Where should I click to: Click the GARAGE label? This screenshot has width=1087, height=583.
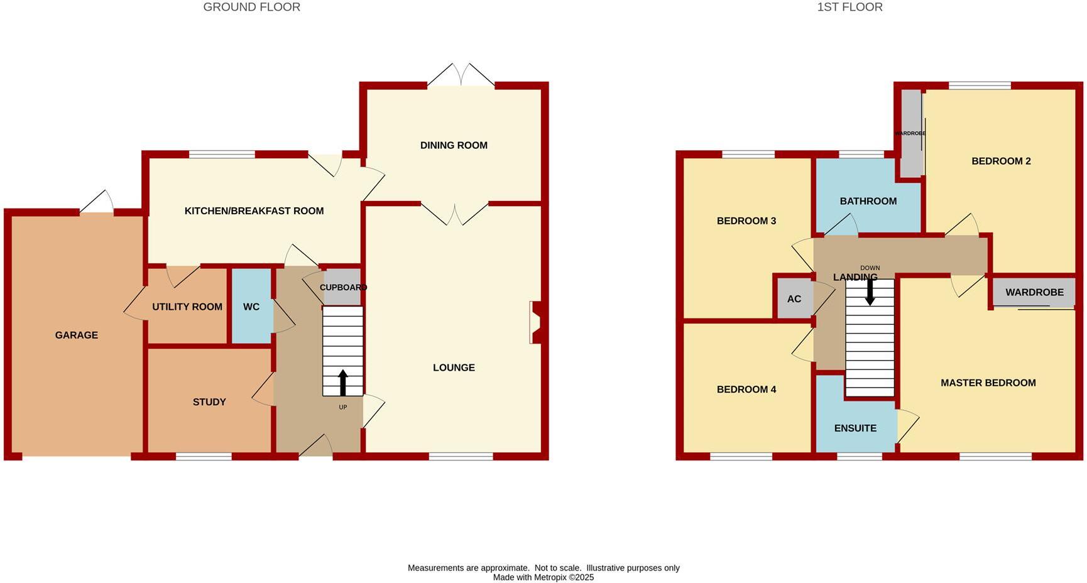pos(77,335)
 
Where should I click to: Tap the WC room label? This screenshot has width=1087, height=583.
pos(251,307)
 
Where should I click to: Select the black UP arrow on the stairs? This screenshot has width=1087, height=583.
pos(342,382)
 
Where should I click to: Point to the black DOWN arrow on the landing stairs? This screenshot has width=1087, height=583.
pos(870,292)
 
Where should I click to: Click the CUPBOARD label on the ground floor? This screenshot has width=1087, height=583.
pos(342,288)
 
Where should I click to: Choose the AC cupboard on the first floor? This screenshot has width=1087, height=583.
pos(794,299)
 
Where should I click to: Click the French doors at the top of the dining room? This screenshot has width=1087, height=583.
pos(461,75)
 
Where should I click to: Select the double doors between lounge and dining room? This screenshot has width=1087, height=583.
pos(454,214)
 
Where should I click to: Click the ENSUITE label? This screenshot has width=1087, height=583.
pos(855,428)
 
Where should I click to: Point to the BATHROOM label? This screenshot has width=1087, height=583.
pos(868,202)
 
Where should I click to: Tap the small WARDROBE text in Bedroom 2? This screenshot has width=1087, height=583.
pos(910,134)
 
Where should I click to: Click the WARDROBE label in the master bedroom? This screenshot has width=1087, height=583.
pos(1034,293)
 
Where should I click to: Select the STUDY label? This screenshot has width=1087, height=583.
pos(209,402)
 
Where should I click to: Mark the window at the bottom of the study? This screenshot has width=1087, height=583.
pos(204,457)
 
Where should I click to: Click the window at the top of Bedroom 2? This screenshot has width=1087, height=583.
pos(980,86)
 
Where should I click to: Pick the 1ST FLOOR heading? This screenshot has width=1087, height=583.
pos(849,8)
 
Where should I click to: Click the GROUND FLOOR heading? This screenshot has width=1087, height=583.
pos(251,8)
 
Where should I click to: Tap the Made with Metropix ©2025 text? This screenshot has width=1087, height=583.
pos(543,577)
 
